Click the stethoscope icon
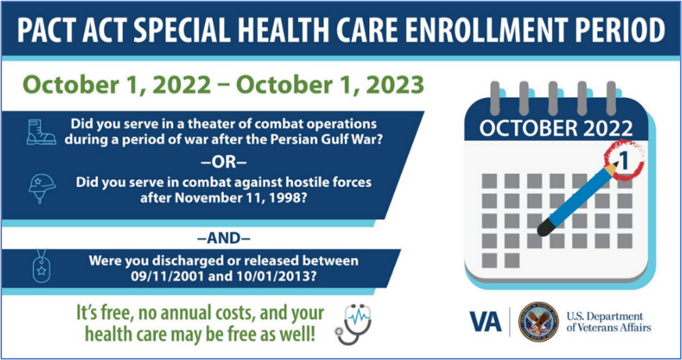coord(353,324)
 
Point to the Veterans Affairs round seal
coord(538,321)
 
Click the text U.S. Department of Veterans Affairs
coord(609,322)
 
